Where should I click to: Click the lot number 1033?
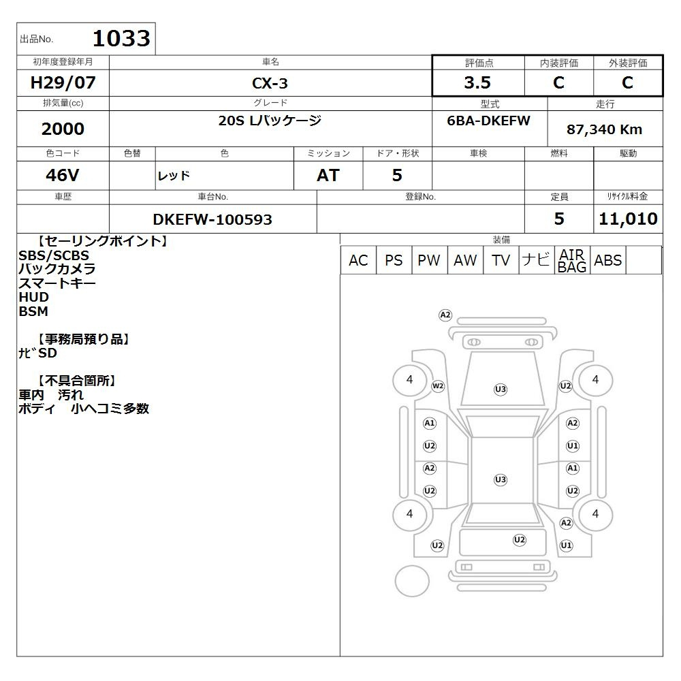[x=122, y=38]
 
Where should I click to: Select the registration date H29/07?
[x=63, y=82]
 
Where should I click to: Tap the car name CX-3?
[x=270, y=83]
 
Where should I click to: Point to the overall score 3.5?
[x=477, y=82]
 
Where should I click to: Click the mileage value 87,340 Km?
[x=604, y=129]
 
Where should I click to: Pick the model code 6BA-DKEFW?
[x=488, y=121]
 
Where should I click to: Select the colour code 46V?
[x=63, y=175]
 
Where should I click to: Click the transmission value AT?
[x=328, y=175]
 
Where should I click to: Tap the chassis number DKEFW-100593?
[x=212, y=219]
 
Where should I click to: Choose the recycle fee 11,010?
[x=628, y=219]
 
